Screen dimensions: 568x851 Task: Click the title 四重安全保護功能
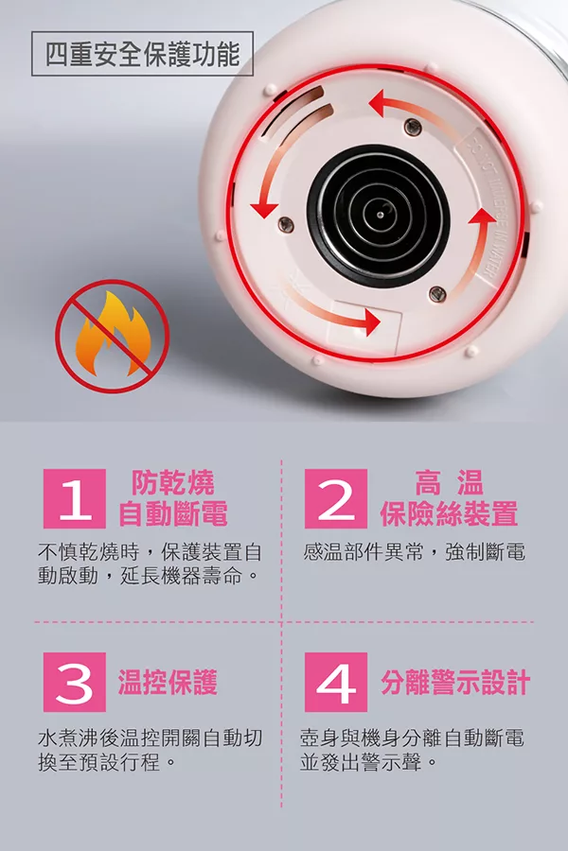pos(142,54)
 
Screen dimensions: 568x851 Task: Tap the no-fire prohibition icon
pos(113,337)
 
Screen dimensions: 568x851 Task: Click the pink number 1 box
pos(75,498)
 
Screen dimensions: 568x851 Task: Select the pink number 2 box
pos(336,498)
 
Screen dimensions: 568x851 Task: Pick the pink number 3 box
pos(75,682)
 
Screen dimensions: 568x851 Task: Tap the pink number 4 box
pos(336,682)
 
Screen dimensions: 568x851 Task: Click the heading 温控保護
pos(168,682)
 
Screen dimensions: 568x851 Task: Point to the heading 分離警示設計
pos(455,682)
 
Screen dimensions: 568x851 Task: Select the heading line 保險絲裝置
pos(449,513)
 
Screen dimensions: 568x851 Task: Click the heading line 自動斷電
pos(173,513)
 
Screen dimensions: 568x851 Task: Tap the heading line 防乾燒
pos(173,482)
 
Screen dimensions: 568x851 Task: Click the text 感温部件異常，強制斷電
pos(415,552)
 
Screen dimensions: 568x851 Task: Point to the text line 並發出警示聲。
pos(368,762)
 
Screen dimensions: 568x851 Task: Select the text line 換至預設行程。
pos(107,762)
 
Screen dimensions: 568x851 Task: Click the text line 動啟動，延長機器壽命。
pos(148,576)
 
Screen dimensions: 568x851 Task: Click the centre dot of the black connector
pos(380,216)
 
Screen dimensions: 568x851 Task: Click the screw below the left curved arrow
pos(284,222)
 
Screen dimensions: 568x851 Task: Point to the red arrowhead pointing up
pos(482,216)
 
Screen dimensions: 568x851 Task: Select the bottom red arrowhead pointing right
pos(369,321)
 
